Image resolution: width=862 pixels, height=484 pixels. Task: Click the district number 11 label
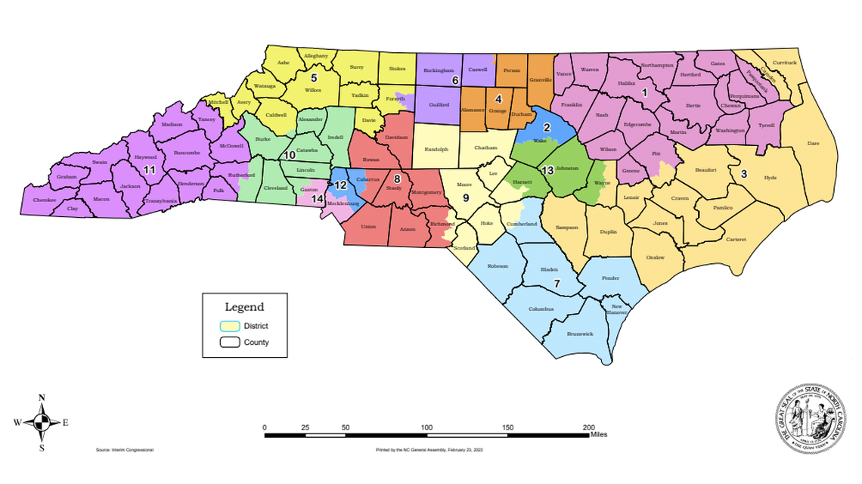pos(149,169)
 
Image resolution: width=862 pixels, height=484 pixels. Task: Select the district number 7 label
pos(557,284)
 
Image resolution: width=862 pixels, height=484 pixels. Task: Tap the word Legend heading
pos(244,307)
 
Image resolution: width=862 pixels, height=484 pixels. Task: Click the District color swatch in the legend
pos(229,326)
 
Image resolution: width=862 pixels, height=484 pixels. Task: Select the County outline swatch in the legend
pos(229,343)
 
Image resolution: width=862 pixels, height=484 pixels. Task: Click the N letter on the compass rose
pos(42,398)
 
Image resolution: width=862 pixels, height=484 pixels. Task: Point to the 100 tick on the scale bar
pos(427,427)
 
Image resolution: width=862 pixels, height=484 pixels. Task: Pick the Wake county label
pos(540,141)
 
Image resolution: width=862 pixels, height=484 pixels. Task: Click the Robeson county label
pos(498,266)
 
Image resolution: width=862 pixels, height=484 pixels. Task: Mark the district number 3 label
pos(744,174)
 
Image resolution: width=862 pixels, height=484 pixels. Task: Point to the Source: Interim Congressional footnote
pos(125,450)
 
